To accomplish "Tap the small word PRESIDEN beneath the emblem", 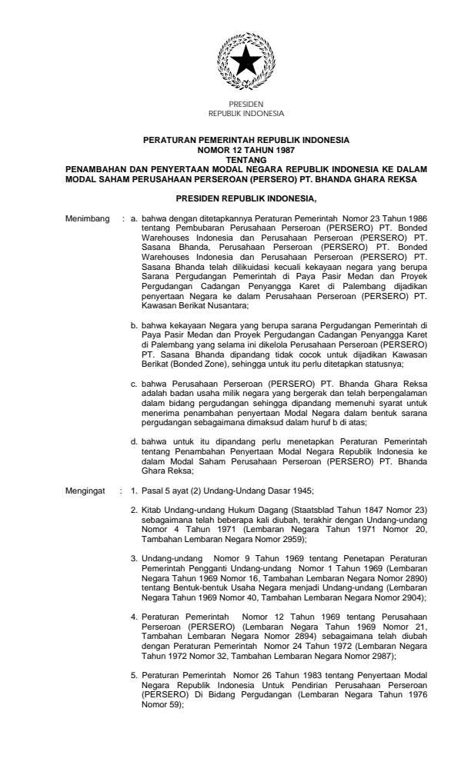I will pos(246,104).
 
